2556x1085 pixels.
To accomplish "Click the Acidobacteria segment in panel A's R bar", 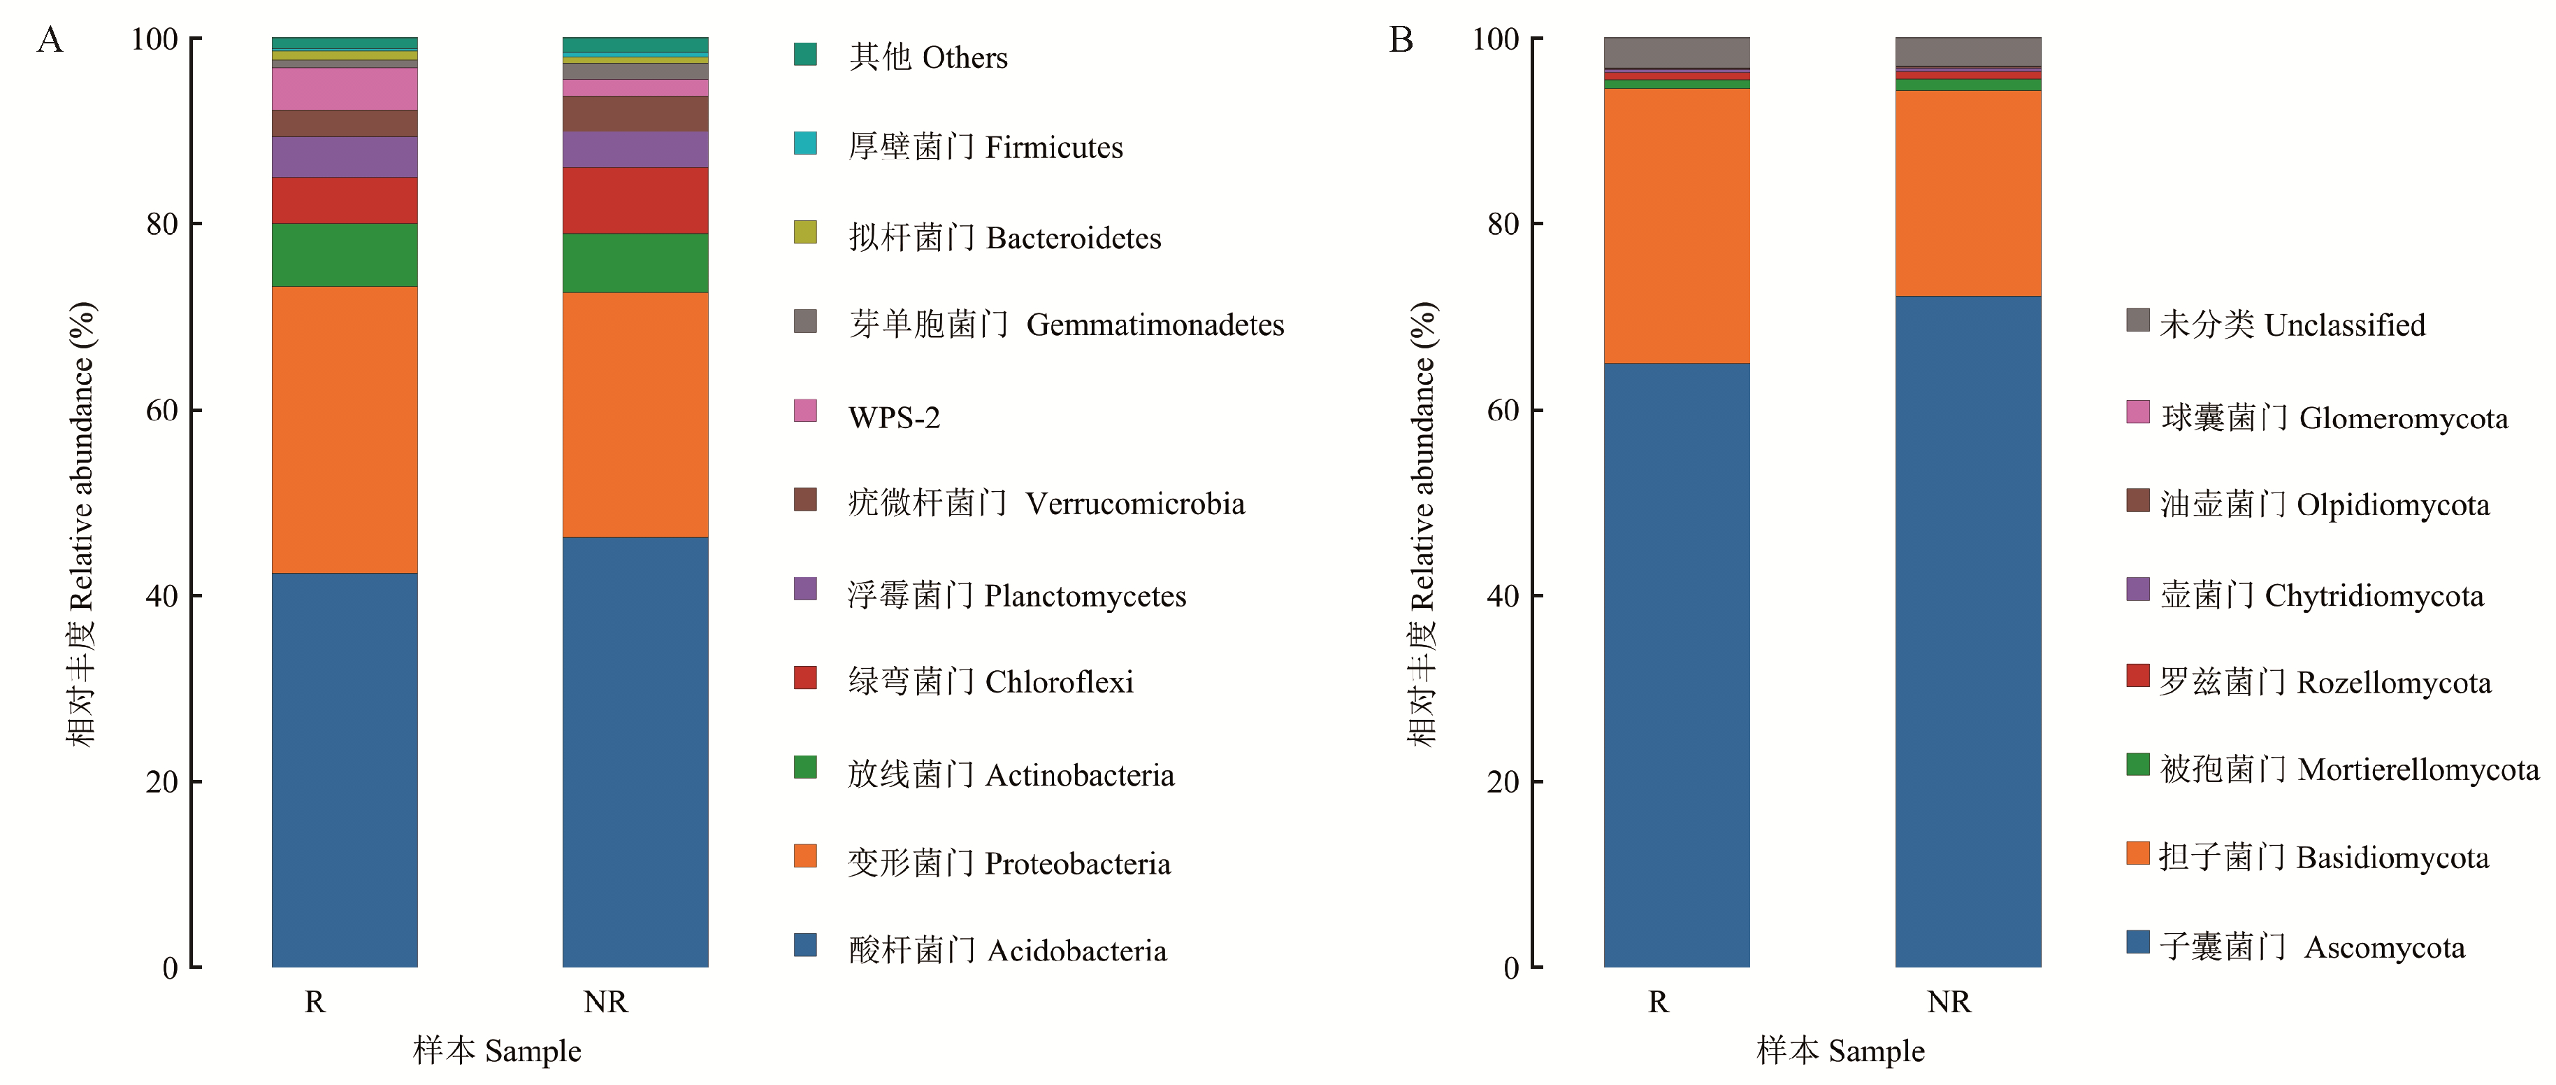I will [x=345, y=770].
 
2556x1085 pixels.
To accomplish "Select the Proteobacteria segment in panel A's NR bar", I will [x=635, y=415].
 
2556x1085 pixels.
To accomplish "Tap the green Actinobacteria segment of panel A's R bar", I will [x=345, y=255].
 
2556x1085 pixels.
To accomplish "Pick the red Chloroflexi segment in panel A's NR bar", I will [x=635, y=201].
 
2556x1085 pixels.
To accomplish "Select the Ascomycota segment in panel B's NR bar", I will [x=1967, y=632].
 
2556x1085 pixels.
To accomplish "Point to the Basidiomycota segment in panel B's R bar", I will [x=1676, y=227].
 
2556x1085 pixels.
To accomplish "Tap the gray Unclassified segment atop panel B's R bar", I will [x=1676, y=52].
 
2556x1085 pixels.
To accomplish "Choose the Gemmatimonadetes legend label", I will [x=1066, y=325].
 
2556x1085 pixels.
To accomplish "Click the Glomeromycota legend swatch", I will [x=2137, y=412].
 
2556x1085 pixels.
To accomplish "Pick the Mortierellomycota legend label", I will [x=2348, y=770].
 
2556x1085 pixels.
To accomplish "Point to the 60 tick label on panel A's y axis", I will [x=161, y=410].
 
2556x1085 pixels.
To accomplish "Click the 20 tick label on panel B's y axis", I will [x=1502, y=782].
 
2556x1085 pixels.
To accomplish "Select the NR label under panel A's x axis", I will [x=605, y=1002].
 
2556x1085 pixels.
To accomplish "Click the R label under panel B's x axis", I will [x=1658, y=1002].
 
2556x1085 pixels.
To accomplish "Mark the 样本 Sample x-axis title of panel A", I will [x=497, y=1050].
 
